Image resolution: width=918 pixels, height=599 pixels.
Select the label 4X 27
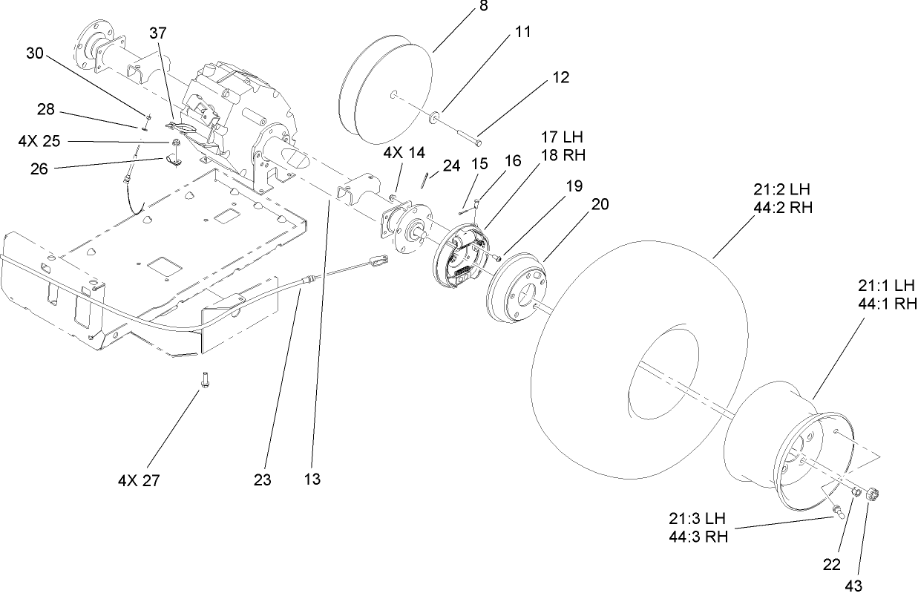point(139,480)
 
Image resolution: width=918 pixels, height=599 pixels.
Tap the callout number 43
point(853,586)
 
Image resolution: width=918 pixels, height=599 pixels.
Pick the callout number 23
point(262,479)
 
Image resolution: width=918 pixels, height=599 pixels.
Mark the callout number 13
point(312,479)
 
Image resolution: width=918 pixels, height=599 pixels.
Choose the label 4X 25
point(39,140)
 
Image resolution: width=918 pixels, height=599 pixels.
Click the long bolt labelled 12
point(459,131)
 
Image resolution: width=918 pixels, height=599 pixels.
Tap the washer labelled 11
point(433,116)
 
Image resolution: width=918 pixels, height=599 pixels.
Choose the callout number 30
point(35,53)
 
